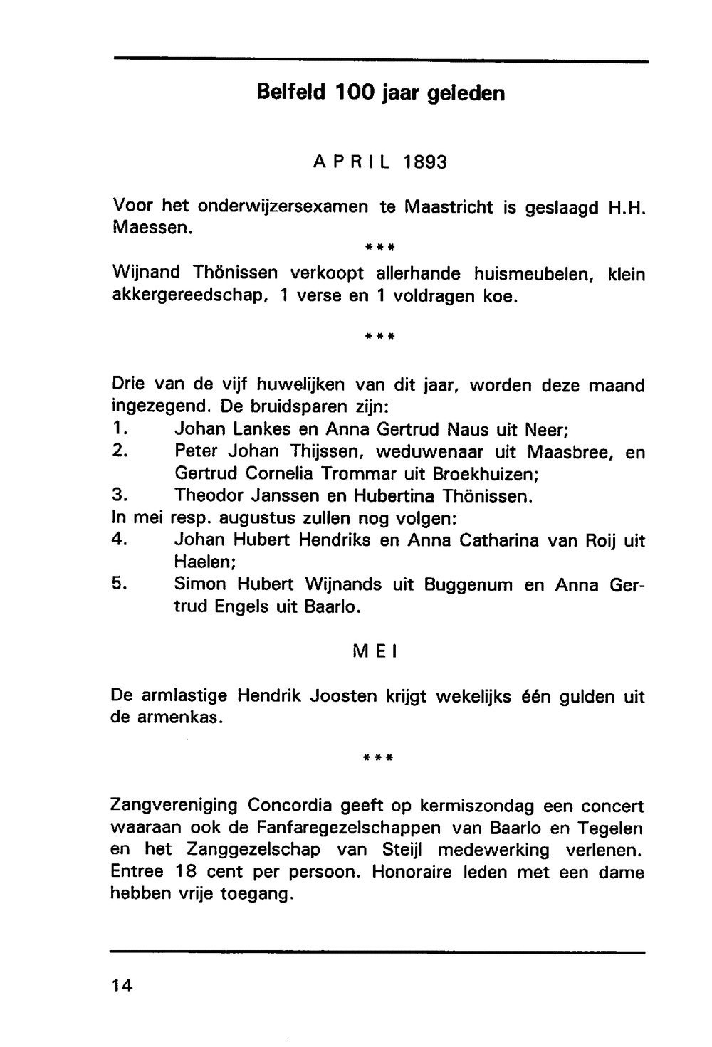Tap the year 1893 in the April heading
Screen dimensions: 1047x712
point(425,162)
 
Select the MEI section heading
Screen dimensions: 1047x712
point(374,651)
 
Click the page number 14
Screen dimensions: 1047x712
point(122,986)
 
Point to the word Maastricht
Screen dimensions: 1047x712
point(449,207)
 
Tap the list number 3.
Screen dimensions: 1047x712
point(119,495)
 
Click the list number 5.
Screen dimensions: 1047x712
point(119,584)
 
